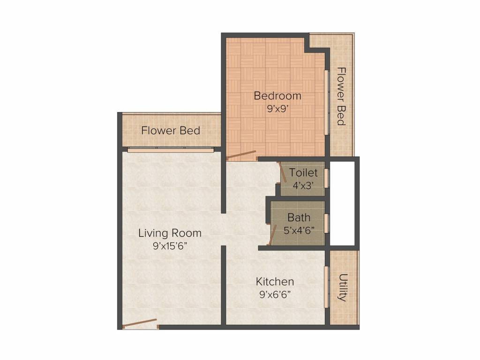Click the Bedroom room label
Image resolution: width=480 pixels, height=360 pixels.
(277, 96)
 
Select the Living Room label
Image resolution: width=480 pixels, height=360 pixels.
(170, 233)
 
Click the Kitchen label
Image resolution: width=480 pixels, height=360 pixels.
(275, 282)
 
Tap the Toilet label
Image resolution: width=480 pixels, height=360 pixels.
(303, 173)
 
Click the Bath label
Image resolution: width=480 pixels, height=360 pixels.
(299, 217)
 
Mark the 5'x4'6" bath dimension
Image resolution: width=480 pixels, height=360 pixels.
(299, 230)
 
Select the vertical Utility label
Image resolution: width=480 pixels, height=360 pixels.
(343, 287)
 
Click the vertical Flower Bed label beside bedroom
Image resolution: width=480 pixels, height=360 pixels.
(341, 96)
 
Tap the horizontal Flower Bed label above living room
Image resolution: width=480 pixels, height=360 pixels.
(171, 130)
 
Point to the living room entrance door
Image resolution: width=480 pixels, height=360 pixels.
(140, 322)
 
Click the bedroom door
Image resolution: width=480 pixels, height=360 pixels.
(241, 155)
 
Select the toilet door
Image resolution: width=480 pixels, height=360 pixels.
(283, 172)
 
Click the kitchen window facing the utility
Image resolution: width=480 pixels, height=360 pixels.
(326, 287)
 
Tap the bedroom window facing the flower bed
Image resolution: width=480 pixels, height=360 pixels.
(327, 102)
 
